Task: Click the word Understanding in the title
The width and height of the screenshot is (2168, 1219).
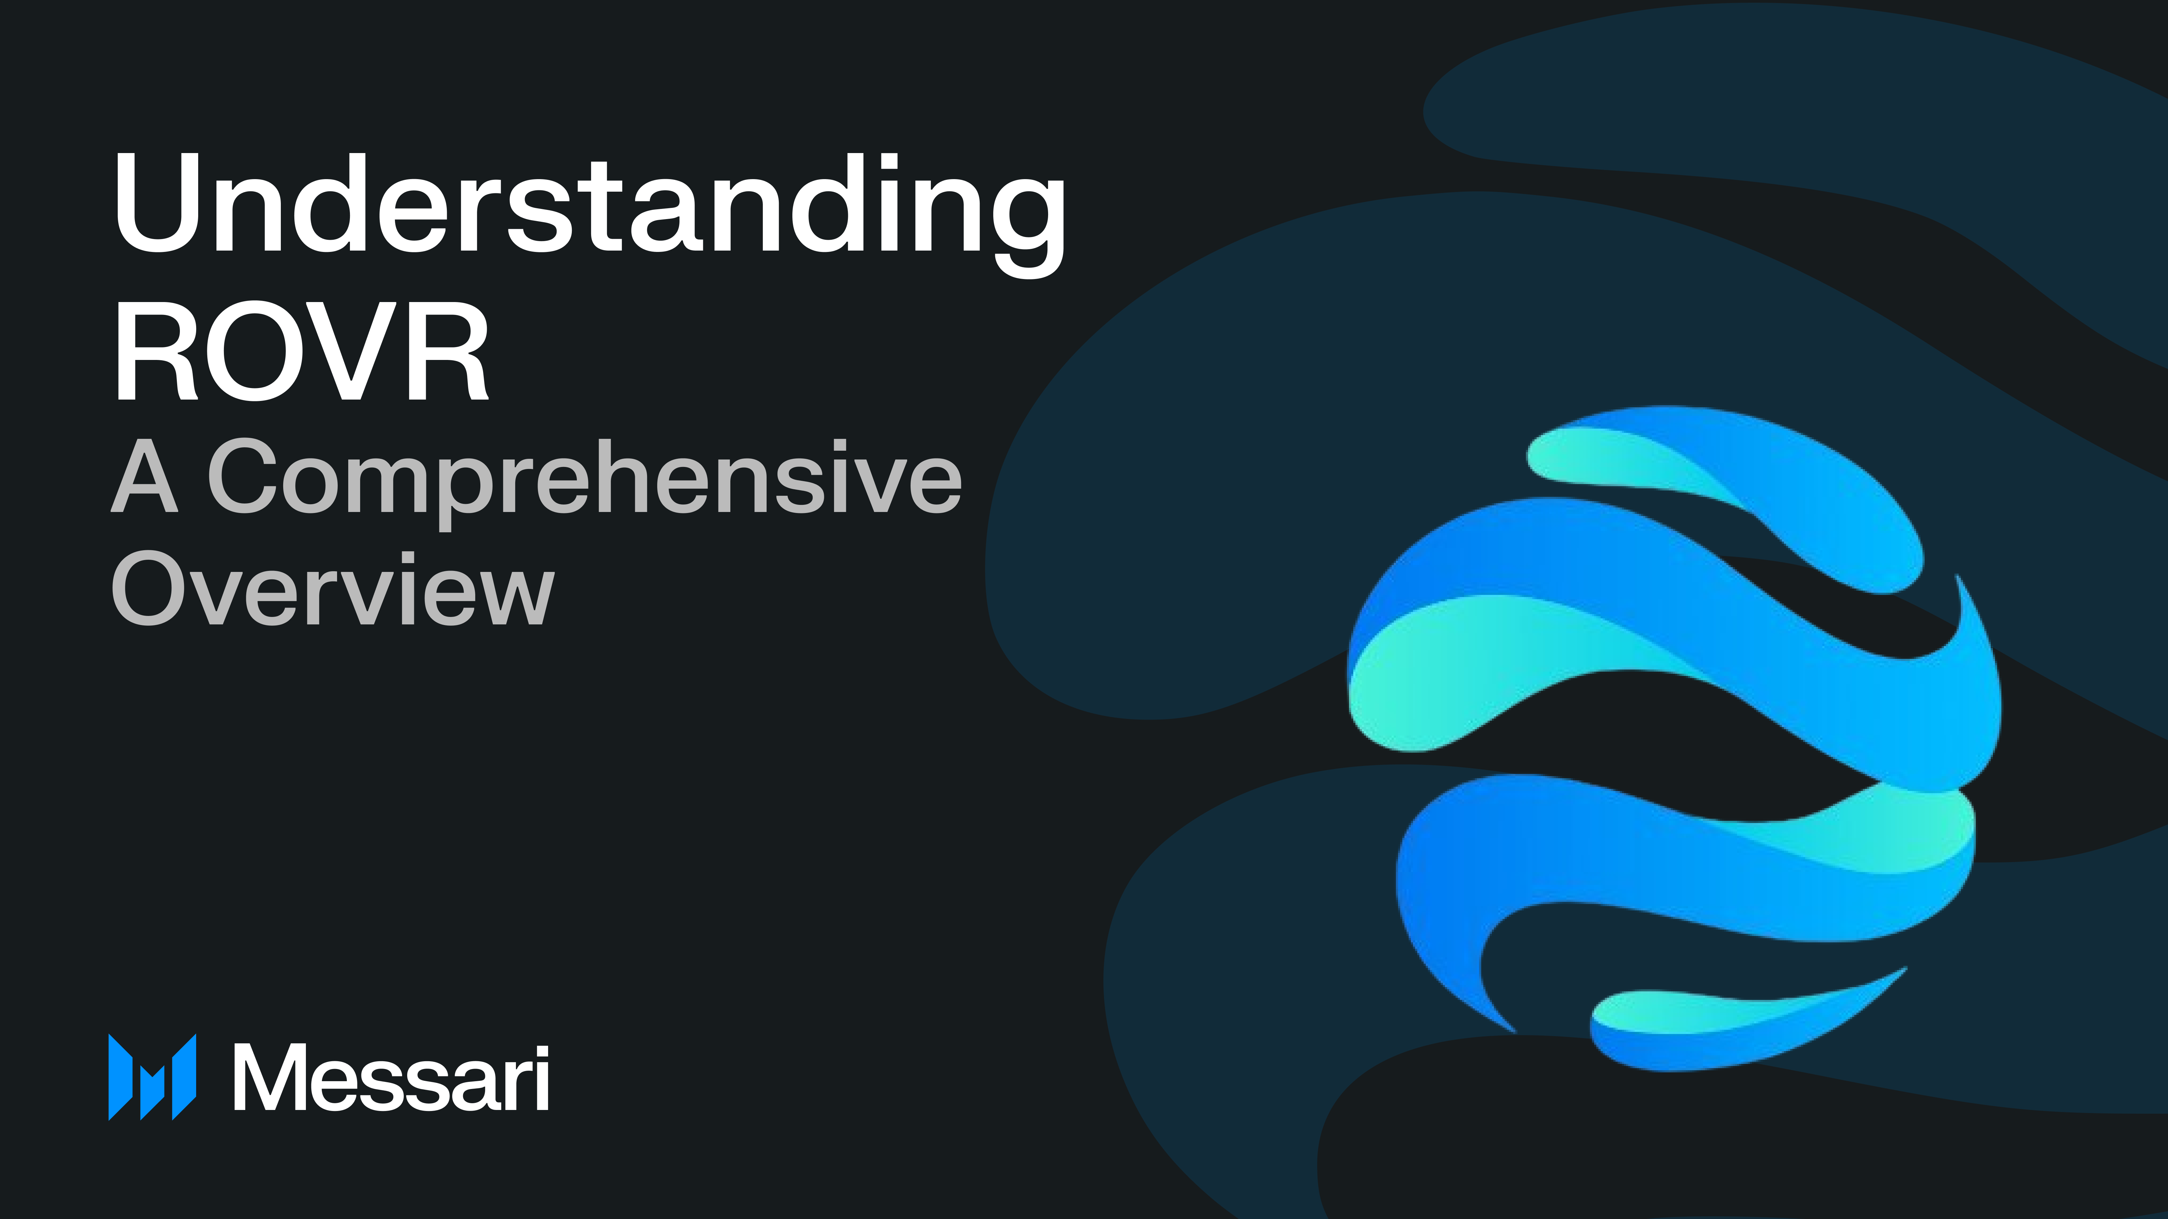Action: click(589, 206)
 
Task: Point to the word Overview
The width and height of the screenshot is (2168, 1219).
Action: click(332, 589)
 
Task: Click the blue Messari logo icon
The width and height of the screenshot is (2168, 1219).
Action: click(152, 1077)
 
